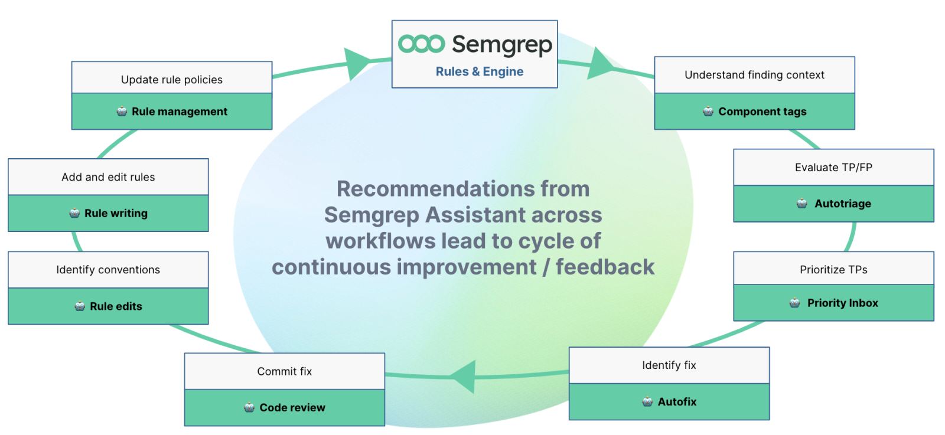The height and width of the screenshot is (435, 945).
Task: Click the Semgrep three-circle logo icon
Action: (x=421, y=44)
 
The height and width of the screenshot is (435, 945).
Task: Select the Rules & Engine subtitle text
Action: (x=480, y=71)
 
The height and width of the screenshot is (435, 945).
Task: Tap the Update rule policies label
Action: (x=172, y=80)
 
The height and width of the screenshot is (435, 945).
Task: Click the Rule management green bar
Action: (x=172, y=112)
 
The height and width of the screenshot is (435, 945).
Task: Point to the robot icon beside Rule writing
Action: (x=74, y=213)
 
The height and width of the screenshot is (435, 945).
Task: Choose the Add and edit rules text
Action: (x=108, y=177)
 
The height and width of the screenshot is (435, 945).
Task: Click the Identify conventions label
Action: (x=108, y=270)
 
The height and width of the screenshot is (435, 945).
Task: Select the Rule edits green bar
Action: (x=108, y=306)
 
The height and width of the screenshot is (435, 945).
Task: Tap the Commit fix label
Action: (x=284, y=371)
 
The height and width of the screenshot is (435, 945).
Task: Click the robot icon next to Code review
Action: (x=249, y=407)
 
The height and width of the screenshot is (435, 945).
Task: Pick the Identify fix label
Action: (x=669, y=365)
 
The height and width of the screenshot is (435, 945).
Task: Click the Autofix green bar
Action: (x=669, y=402)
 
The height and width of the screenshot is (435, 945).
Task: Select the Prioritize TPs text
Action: (x=833, y=270)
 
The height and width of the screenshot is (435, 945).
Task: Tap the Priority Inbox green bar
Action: (x=833, y=303)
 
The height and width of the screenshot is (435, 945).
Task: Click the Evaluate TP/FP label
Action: (x=833, y=168)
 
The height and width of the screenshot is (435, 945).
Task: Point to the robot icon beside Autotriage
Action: (x=801, y=204)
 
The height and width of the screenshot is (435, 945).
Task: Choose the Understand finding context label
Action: (x=754, y=75)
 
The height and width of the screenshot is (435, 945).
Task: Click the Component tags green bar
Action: (x=754, y=112)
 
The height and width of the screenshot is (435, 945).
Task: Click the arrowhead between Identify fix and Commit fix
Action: (x=465, y=376)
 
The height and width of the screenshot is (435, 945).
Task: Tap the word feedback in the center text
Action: (x=605, y=267)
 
